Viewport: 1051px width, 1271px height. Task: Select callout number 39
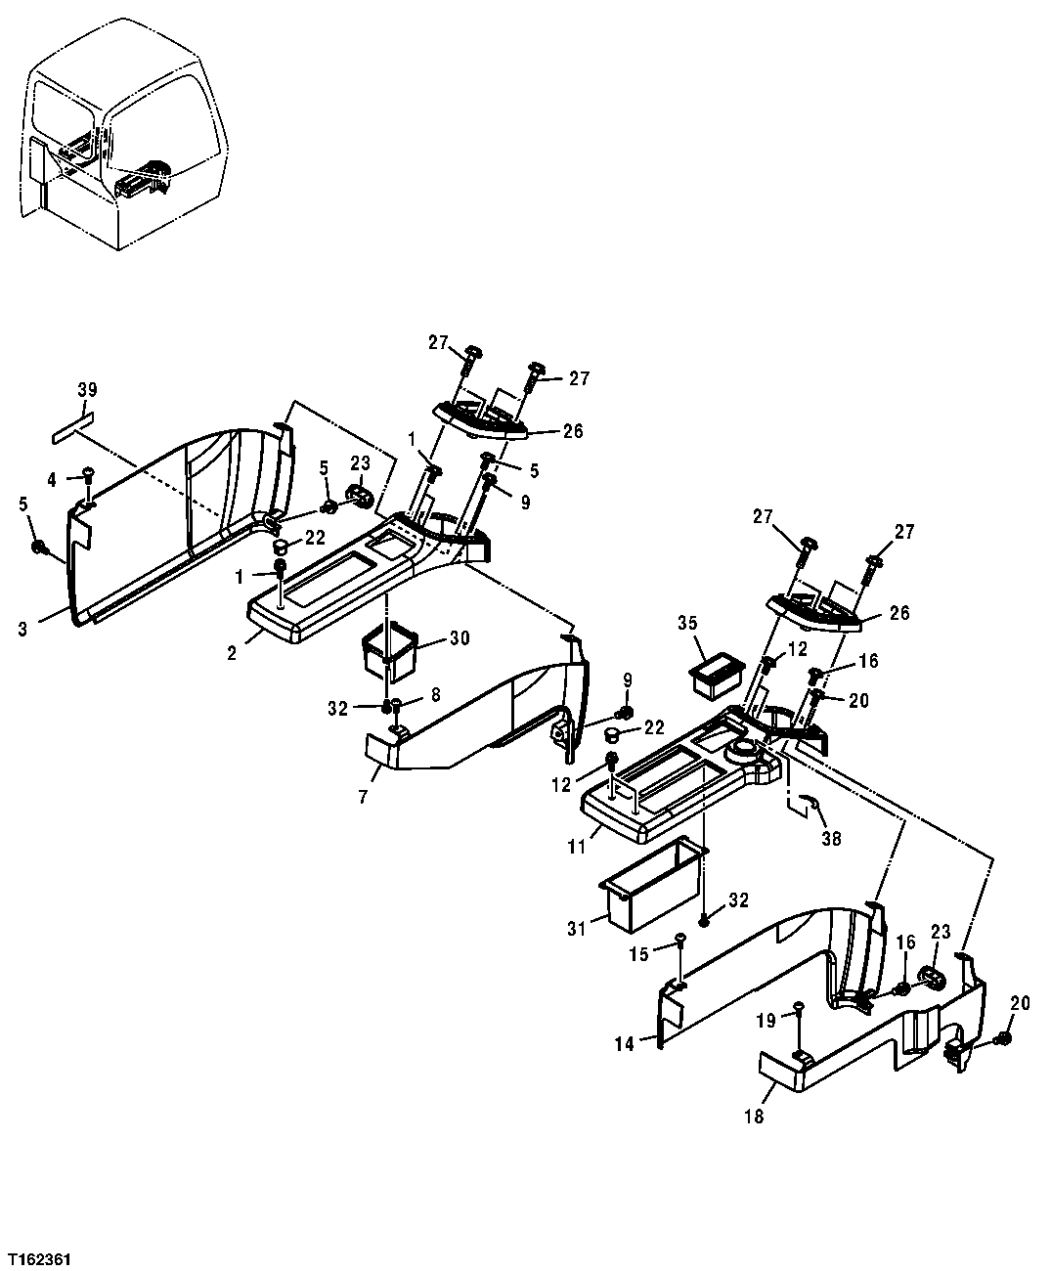tap(87, 390)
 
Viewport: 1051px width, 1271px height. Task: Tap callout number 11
tap(578, 840)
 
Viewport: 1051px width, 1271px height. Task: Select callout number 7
tap(362, 798)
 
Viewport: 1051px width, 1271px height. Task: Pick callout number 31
tap(577, 928)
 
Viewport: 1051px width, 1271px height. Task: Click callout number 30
tap(459, 638)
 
